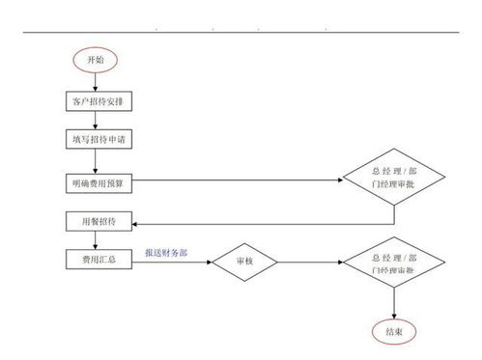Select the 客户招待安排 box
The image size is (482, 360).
pyautogui.click(x=96, y=100)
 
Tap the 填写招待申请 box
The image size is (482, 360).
pyautogui.click(x=96, y=139)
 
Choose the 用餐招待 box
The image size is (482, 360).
pyautogui.click(x=96, y=221)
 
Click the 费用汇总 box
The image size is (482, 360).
pyautogui.click(x=96, y=261)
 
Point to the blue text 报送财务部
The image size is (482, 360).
pyautogui.click(x=166, y=252)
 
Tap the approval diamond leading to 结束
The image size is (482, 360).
pyautogui.click(x=393, y=262)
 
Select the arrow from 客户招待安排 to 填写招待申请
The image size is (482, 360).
pyautogui.click(x=96, y=120)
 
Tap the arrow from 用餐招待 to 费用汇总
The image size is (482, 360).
pyautogui.click(x=96, y=240)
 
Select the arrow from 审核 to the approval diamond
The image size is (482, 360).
pyautogui.click(x=311, y=262)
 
